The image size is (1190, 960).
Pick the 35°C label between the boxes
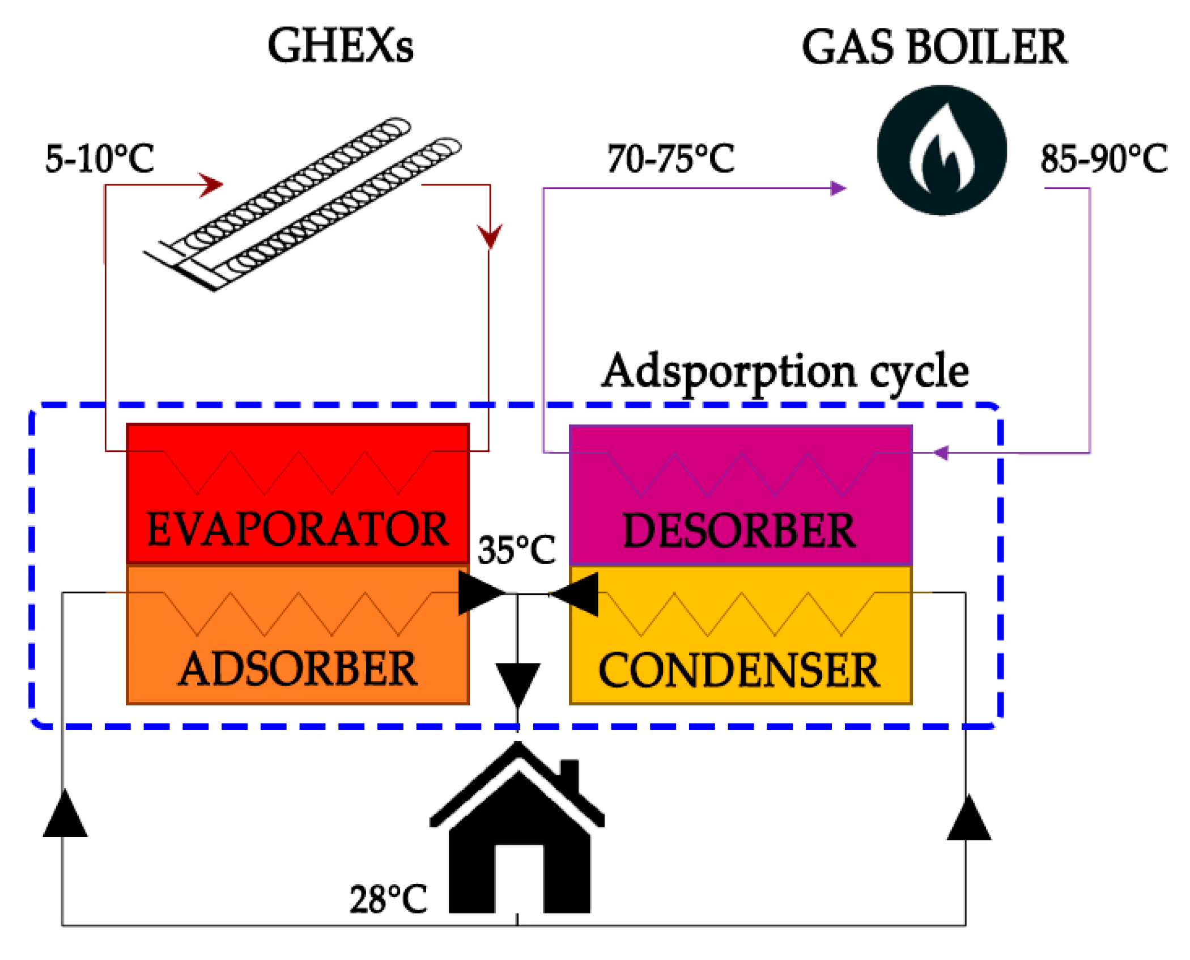pyautogui.click(x=516, y=549)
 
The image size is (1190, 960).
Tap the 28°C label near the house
pyautogui.click(x=388, y=899)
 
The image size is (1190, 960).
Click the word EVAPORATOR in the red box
pyautogui.click(x=297, y=528)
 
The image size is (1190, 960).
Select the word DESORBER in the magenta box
pyautogui.click(x=739, y=531)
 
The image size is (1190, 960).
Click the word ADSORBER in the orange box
pyautogui.click(x=298, y=669)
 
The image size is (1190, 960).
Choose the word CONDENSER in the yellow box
pyautogui.click(x=739, y=670)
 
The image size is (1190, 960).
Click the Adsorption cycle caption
pyautogui.click(x=785, y=371)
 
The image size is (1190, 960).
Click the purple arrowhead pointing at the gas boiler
pyautogui.click(x=838, y=188)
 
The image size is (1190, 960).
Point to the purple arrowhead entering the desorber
pyautogui.click(x=941, y=452)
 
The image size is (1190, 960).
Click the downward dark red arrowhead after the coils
pyautogui.click(x=490, y=235)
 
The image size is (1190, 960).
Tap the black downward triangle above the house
pyautogui.click(x=517, y=683)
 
